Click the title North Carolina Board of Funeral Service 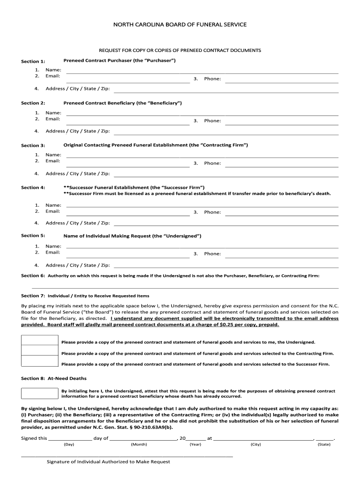click(x=180, y=24)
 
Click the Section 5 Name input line click(x=202, y=247)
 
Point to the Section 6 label click(x=33, y=276)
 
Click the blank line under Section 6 click(x=185, y=286)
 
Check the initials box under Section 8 click(x=40, y=393)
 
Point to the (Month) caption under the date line click(x=139, y=444)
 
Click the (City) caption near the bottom click(x=255, y=444)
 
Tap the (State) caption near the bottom click(x=324, y=444)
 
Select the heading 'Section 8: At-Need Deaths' click(x=54, y=378)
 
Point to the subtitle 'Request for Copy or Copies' click(x=180, y=50)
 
